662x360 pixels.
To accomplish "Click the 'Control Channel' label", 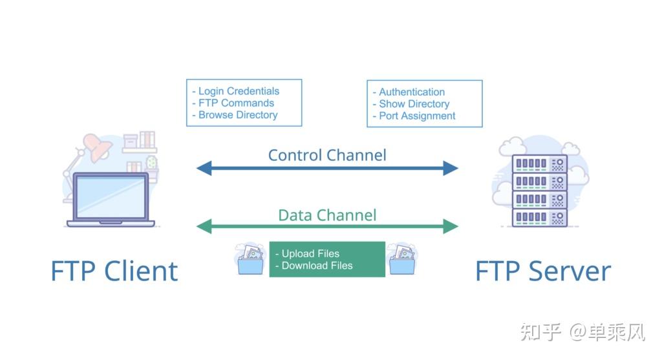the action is pos(327,155).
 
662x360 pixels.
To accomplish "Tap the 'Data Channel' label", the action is pos(327,215).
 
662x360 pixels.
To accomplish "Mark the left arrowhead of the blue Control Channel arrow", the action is pos(204,168).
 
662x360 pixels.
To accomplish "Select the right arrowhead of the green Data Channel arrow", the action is pos(451,226).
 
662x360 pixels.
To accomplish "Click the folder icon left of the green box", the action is pos(250,260).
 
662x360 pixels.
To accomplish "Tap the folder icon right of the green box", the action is pos(402,260).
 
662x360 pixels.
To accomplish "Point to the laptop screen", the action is pos(110,197).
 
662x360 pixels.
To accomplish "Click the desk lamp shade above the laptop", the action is pos(98,147).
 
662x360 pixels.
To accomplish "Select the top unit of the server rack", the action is pos(539,164).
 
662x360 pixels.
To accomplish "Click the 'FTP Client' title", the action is pos(114,271).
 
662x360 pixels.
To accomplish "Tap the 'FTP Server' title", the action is pos(543,271).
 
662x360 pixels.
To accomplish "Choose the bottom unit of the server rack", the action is pos(539,218).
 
